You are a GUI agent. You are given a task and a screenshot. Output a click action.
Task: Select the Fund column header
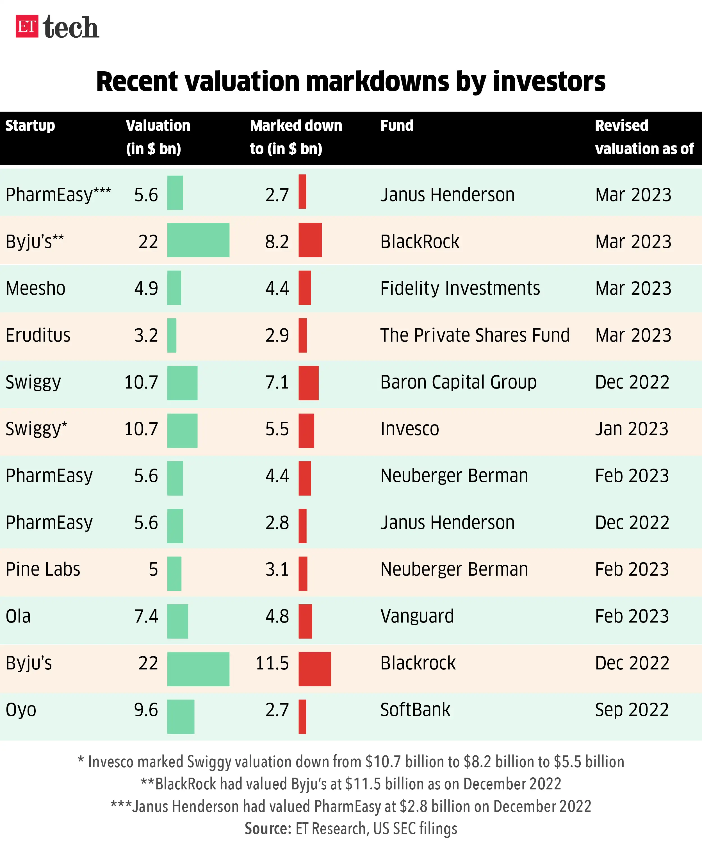[396, 126]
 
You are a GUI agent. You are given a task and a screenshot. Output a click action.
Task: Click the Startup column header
[30, 126]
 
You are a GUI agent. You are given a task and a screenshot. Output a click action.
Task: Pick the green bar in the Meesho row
[174, 288]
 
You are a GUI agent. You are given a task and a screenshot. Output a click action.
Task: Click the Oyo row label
[21, 710]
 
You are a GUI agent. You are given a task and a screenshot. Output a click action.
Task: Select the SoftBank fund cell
[415, 710]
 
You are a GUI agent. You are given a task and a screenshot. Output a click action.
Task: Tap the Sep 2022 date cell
[632, 710]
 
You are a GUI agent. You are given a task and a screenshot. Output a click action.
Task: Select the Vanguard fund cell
[417, 617]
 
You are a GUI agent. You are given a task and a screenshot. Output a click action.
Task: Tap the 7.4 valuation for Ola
[146, 617]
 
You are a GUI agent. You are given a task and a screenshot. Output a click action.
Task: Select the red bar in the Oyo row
[302, 717]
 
